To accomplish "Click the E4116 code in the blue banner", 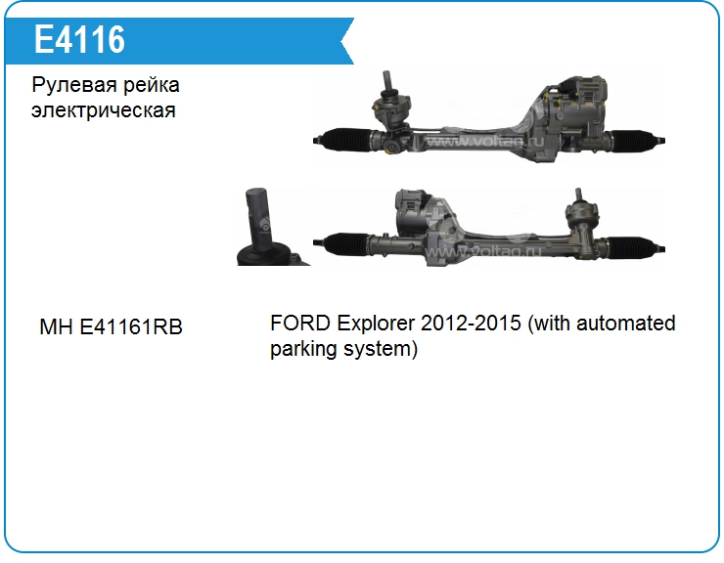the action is pyautogui.click(x=79, y=39).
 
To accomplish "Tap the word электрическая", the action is pyautogui.click(x=104, y=110).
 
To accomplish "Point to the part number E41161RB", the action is pyautogui.click(x=131, y=326).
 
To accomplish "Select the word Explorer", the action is pyautogui.click(x=376, y=324).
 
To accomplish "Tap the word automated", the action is pyautogui.click(x=625, y=323).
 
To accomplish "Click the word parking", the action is pyautogui.click(x=303, y=349).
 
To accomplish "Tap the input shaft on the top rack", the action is pyautogui.click(x=388, y=82).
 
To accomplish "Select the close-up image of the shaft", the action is pyautogui.click(x=273, y=227).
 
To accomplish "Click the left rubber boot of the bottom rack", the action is pyautogui.click(x=345, y=243).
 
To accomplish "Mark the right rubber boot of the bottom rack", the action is pyautogui.click(x=634, y=245).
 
